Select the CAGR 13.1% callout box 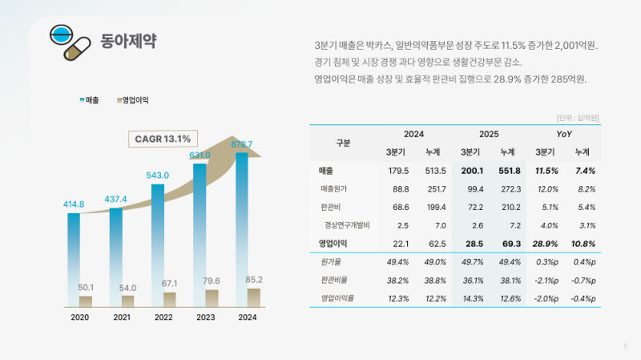tap(162, 139)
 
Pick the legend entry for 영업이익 tap(134, 100)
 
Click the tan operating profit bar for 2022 tap(169, 299)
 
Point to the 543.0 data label tap(158, 175)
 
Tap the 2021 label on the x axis tap(122, 318)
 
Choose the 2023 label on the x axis tap(206, 318)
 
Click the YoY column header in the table tap(564, 133)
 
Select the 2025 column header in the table tap(489, 133)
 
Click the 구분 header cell tap(343, 143)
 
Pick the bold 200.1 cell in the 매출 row tap(470, 171)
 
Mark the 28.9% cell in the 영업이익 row tap(546, 243)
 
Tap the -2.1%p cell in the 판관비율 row tap(546, 280)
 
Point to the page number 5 tap(625, 346)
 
